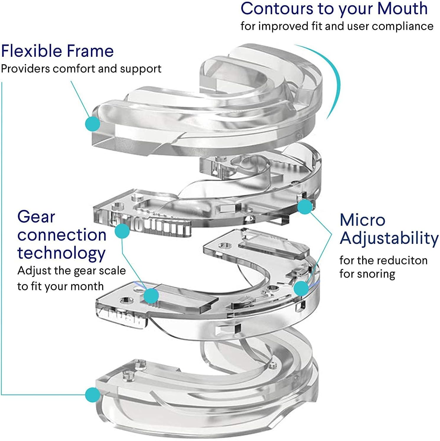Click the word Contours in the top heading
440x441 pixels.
coord(276,9)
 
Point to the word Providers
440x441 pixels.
coord(25,69)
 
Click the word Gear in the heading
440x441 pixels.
coord(36,217)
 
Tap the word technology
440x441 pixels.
coord(61,253)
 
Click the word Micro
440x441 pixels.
coord(362,220)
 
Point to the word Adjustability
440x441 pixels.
coord(389,238)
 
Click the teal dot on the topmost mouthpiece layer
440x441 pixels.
coord(92,124)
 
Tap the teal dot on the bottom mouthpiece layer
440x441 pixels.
coord(92,395)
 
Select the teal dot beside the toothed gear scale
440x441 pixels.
coord(122,231)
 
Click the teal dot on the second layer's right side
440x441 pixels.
coord(305,207)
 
